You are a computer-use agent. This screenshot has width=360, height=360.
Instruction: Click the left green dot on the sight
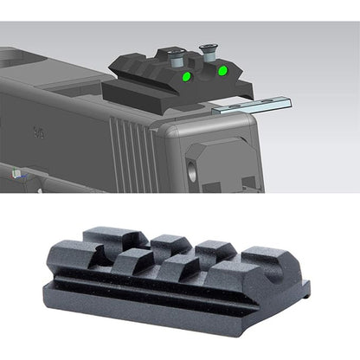[x=185, y=75]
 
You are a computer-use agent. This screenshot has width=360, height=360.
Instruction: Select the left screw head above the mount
[x=173, y=57]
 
